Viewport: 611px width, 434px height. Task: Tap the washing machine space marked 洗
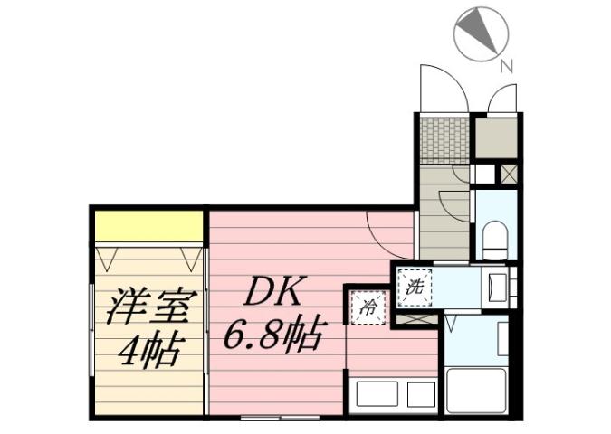click(x=415, y=288)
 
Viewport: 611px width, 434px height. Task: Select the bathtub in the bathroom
click(x=475, y=390)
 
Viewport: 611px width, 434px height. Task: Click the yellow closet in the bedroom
click(x=149, y=226)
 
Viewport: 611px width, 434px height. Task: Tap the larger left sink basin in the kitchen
click(x=375, y=394)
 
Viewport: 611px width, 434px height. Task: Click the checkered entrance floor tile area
click(x=444, y=140)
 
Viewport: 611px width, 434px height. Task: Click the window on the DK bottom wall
click(x=280, y=418)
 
